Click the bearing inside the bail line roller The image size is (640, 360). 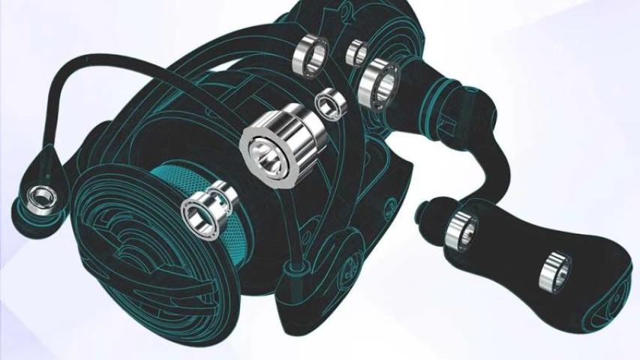[37, 199]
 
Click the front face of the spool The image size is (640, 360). [128, 247]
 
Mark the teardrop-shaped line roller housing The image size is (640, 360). [41, 187]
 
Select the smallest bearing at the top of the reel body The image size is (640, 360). [356, 52]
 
